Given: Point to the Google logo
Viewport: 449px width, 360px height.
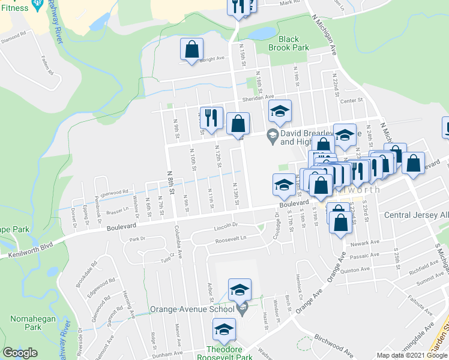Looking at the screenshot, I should (x=20, y=353).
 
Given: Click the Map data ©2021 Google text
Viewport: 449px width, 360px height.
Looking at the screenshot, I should (x=412, y=355).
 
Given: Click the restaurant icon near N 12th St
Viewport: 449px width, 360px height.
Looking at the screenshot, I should (x=211, y=118).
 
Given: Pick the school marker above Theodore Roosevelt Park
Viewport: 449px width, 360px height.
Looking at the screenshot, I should (x=224, y=329).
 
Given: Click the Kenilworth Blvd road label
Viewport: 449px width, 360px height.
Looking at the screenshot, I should (x=27, y=251).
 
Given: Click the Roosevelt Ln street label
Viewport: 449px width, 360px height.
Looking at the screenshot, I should (x=231, y=239).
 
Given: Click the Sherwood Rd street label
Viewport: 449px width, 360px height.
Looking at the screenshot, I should (x=115, y=193).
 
